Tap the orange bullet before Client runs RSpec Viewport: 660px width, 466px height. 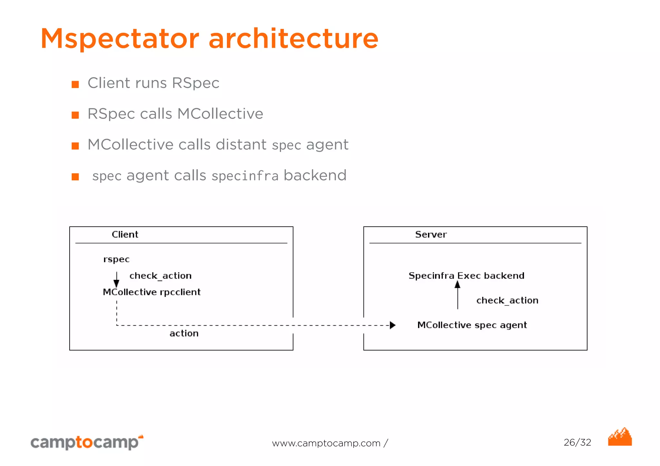tap(75, 84)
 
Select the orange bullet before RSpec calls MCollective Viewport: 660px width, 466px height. tap(75, 115)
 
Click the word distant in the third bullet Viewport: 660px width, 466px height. tap(241, 144)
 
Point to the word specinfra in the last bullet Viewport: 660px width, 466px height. tap(245, 176)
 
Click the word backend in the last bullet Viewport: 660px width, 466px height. tap(315, 176)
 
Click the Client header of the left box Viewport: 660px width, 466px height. tap(125, 234)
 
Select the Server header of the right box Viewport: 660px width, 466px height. tap(431, 234)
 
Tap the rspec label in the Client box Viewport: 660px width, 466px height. tap(116, 260)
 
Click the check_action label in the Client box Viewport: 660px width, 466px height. tap(160, 276)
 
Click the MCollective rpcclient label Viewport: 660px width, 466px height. tap(151, 292)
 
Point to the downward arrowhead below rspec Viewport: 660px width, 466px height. tap(116, 283)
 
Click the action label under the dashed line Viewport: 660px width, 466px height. tap(184, 333)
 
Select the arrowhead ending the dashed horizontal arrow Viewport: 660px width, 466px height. tap(392, 325)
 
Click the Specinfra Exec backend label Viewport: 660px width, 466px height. tap(466, 276)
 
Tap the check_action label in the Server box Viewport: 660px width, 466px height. tap(507, 300)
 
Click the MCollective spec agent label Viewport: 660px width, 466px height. tap(472, 325)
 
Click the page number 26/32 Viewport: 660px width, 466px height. tap(577, 442)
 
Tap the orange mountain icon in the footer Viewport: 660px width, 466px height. tap(620, 438)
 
